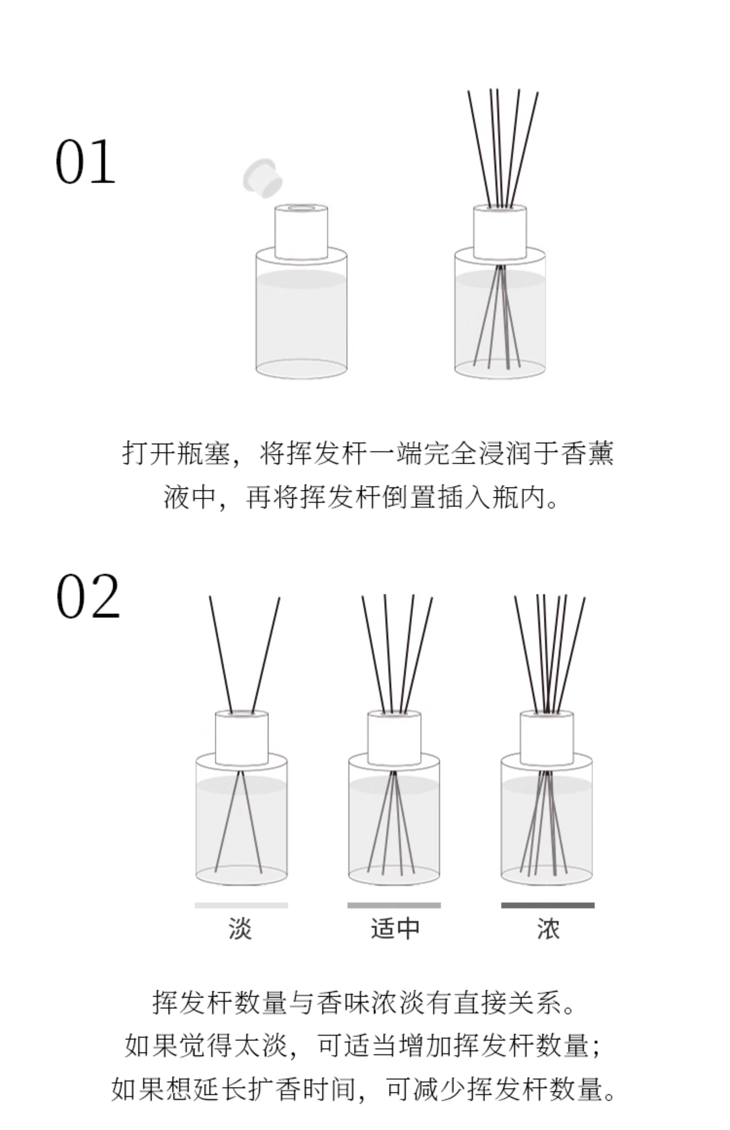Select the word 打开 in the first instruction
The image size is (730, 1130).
point(149,453)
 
